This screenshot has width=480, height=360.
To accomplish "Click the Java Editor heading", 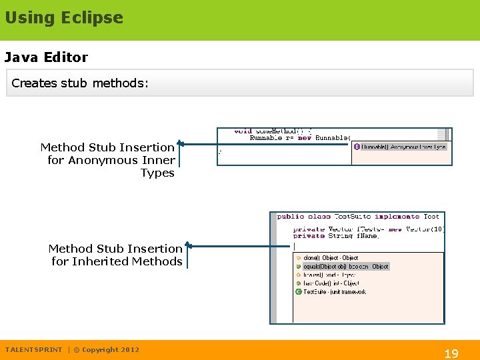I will pyautogui.click(x=46, y=57).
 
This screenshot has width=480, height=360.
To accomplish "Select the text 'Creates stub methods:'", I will pyautogui.click(x=80, y=83).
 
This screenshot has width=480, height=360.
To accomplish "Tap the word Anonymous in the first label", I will pyautogui.click(x=101, y=160).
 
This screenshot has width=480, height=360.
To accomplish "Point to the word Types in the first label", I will pyautogui.click(x=157, y=173).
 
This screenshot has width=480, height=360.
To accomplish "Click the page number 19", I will pyautogui.click(x=451, y=353).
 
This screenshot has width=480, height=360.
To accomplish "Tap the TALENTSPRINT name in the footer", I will pyautogui.click(x=33, y=349).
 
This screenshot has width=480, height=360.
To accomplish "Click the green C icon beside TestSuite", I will pyautogui.click(x=299, y=292).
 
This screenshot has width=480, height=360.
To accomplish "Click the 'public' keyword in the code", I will pyautogui.click(x=290, y=217).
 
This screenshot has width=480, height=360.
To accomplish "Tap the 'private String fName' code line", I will pyautogui.click(x=336, y=236).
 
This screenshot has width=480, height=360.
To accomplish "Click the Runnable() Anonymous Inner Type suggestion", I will pyautogui.click(x=403, y=147).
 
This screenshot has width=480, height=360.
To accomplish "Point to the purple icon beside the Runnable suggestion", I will pyautogui.click(x=357, y=147).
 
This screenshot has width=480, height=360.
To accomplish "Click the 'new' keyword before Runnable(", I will pyautogui.click(x=305, y=138).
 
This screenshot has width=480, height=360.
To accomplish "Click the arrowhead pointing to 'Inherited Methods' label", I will pyautogui.click(x=188, y=246).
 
